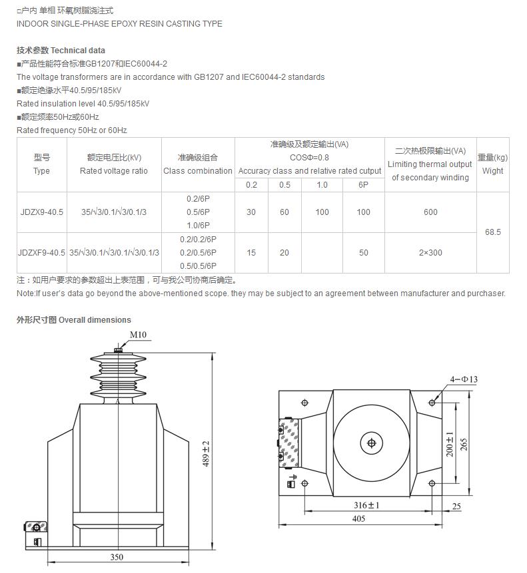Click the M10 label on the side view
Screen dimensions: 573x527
[138, 335]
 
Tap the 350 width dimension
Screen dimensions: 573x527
[117, 557]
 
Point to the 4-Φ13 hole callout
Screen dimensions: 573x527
[464, 379]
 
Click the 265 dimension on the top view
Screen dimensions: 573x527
[464, 443]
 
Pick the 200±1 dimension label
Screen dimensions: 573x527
[450, 443]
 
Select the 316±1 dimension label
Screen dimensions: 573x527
[366, 505]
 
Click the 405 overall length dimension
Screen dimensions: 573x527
[359, 518]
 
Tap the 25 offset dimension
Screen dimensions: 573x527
[456, 506]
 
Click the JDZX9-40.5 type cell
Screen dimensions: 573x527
[42, 212]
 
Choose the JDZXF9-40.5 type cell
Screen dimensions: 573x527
[42, 253]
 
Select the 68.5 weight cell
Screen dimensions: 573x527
[493, 232]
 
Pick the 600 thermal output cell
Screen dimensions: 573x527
[430, 212]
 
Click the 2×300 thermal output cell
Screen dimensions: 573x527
[430, 253]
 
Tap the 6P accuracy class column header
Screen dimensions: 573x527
[363, 185]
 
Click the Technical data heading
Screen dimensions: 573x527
[61, 51]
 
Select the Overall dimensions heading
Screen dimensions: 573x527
[74, 320]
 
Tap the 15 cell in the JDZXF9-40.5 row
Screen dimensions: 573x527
[251, 253]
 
